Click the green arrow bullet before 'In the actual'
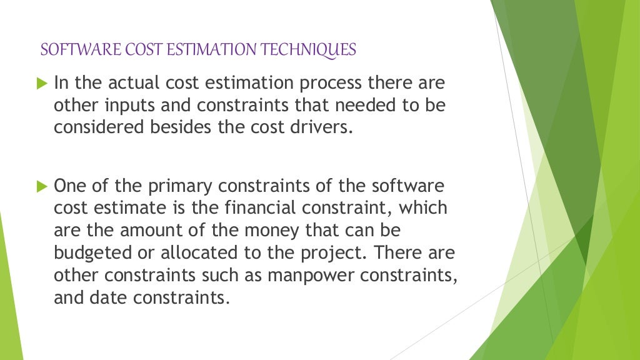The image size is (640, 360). [x=42, y=83]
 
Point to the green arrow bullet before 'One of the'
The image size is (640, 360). [x=42, y=186]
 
